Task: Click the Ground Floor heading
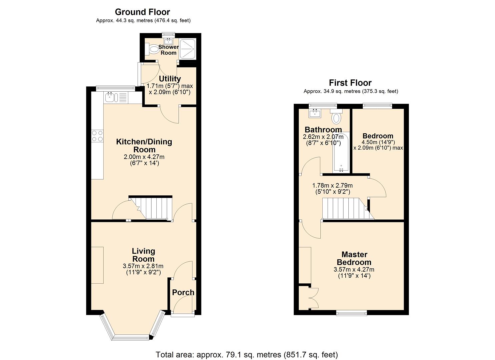(142, 12)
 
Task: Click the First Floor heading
(350, 83)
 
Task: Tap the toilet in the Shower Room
(153, 50)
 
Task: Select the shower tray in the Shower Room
(188, 49)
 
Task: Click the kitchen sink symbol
(110, 98)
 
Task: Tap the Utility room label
(170, 79)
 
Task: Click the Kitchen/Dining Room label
(144, 145)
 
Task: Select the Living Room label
(143, 255)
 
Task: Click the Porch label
(183, 292)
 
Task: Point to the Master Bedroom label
(354, 258)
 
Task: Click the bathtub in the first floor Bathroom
(341, 152)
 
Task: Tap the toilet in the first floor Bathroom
(336, 117)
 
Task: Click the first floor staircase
(343, 208)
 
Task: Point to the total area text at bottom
(247, 354)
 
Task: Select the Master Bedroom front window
(351, 313)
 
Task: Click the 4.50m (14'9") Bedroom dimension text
(378, 142)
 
